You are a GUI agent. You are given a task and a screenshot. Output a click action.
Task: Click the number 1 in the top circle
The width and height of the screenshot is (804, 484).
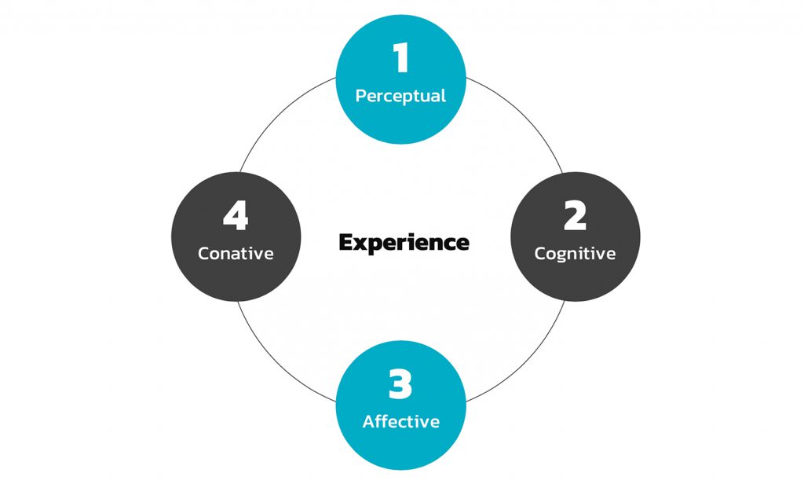(x=401, y=59)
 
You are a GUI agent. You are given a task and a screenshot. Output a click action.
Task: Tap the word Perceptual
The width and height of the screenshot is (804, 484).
(x=400, y=96)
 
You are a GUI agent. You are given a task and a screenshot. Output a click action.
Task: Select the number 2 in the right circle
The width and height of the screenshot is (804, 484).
(x=575, y=216)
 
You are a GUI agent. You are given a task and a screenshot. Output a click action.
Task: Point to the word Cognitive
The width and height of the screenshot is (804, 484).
(x=575, y=254)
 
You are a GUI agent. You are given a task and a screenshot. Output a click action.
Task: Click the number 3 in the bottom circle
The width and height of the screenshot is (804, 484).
(x=400, y=384)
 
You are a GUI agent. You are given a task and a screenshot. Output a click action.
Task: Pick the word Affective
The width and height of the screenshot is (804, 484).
(x=400, y=421)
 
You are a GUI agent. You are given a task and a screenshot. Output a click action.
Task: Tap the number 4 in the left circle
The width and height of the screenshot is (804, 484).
(x=236, y=216)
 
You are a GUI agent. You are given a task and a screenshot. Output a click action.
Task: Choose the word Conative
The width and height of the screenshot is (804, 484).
(x=236, y=254)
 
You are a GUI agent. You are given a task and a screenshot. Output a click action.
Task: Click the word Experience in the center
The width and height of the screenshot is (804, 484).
(x=404, y=243)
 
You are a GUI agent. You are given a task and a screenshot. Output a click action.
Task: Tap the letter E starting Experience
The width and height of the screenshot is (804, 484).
(x=345, y=242)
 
